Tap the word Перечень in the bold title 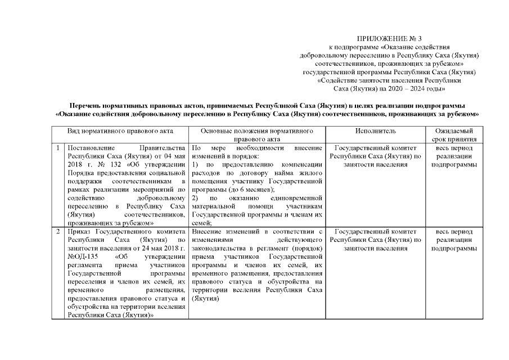[87, 106]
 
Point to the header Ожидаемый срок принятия [454, 135]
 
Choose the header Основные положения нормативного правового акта [256, 135]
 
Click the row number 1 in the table [58, 148]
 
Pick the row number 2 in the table [58, 232]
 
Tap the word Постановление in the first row [89, 148]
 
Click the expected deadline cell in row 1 [454, 156]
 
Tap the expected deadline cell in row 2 [454, 240]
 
